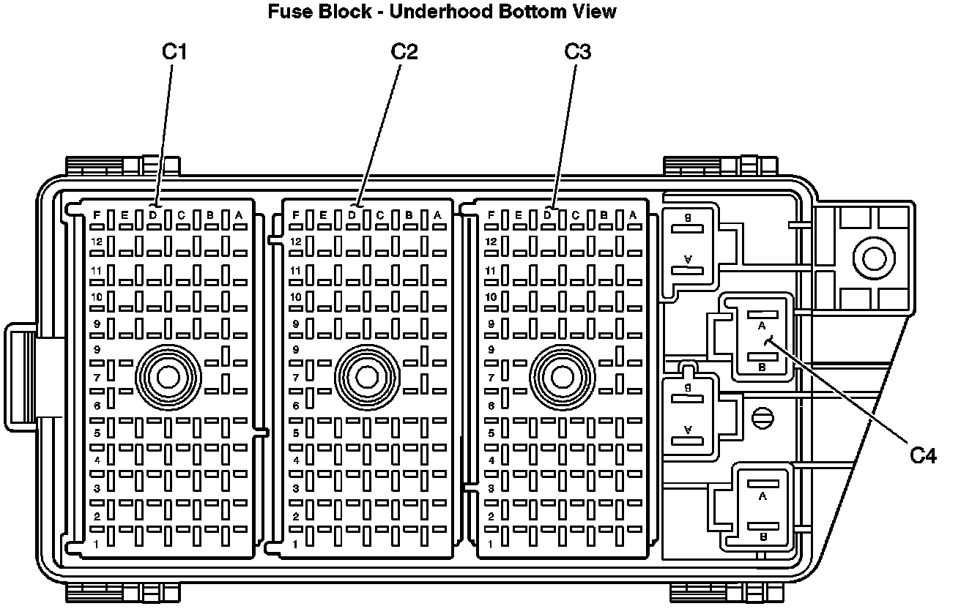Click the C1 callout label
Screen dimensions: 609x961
pos(174,52)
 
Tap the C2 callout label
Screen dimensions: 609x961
pos(404,52)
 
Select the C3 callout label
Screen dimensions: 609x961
pos(577,52)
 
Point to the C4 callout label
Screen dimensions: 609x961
pos(923,456)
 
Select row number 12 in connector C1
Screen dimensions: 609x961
pos(96,242)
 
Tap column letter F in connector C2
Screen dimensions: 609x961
pos(296,215)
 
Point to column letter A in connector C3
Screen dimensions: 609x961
pos(633,215)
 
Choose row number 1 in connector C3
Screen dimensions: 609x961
pos(491,544)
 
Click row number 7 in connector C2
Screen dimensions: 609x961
pos(296,378)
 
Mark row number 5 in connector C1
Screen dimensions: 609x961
pos(96,433)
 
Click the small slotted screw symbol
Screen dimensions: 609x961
pos(761,418)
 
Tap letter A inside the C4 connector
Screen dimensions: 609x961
pos(762,324)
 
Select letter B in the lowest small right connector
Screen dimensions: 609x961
pos(763,537)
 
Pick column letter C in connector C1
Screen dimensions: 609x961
pos(180,215)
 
